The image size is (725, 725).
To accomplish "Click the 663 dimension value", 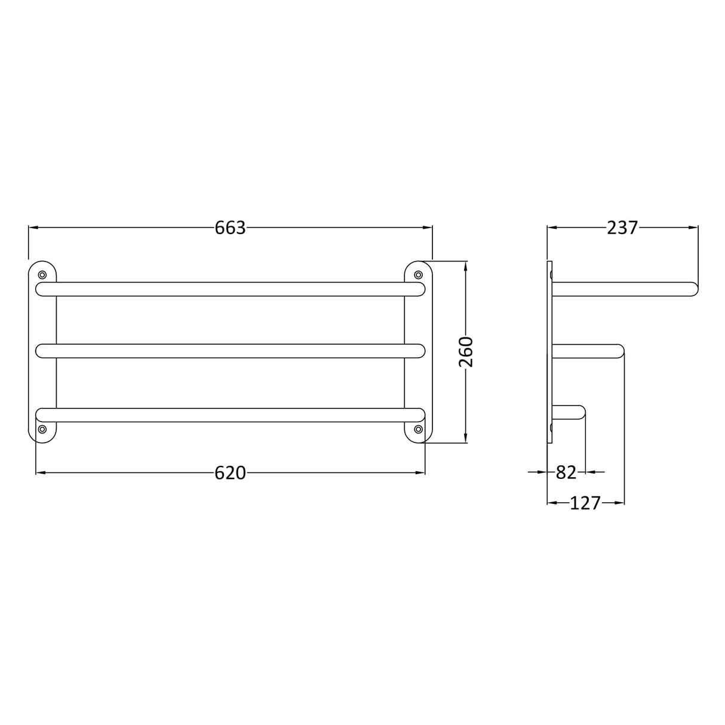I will pos(230,228).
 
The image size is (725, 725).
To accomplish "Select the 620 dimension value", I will pos(230,473).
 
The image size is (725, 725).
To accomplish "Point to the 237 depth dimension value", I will pos(622,228).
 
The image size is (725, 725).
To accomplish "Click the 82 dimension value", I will pos(566,472).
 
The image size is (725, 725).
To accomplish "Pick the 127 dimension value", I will pos(585,503).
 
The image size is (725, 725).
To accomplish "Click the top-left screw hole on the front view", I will pos(42,275).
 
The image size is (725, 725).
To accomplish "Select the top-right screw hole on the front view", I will pos(418,275).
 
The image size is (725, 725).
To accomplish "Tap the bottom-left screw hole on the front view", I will pos(42,429).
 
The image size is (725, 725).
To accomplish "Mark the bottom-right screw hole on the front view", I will pos(418,429).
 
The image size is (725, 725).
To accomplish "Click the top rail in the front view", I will pos(230,289).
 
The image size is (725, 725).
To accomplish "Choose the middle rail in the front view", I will pos(230,351).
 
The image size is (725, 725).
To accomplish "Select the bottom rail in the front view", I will pos(230,414).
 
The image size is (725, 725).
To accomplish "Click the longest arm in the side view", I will pos(624,289).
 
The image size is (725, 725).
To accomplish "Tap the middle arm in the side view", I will pos(588,351).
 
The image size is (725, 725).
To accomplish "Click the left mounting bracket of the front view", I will pos(42,352).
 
